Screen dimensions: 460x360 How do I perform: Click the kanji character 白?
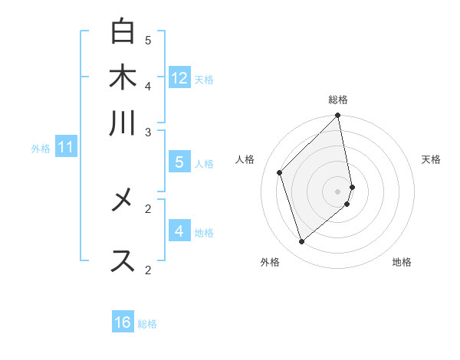point(123,31)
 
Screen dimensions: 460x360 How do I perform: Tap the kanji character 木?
point(123,77)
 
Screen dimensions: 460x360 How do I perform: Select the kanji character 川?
point(123,123)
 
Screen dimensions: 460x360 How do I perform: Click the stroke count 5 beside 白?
point(148,39)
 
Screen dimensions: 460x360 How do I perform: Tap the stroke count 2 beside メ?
point(148,208)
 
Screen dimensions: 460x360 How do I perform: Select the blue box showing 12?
point(179,77)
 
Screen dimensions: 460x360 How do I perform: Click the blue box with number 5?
point(179,162)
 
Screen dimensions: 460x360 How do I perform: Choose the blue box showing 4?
point(179,231)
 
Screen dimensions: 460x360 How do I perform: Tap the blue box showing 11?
point(65,146)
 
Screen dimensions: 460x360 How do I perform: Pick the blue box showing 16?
point(123,322)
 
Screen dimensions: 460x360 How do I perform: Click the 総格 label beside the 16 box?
point(147,324)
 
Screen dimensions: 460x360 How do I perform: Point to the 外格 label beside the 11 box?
point(41,149)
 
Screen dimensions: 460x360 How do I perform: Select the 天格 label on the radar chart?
point(431,159)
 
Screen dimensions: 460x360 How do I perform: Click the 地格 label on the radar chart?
point(402,262)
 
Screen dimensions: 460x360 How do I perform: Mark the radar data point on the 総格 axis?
point(338,116)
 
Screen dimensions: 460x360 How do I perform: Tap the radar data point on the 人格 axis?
point(280,172)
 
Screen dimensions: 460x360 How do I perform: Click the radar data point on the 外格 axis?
point(301,242)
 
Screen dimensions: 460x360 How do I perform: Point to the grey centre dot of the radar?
point(338,191)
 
